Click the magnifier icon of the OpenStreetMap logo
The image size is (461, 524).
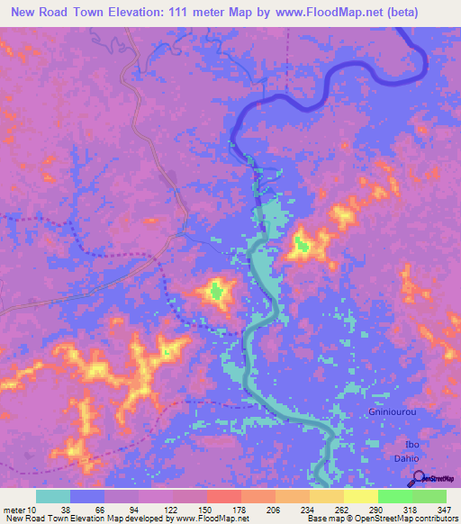pos(417,476)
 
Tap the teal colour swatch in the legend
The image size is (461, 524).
pos(53,496)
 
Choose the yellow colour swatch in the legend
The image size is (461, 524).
pos(360,496)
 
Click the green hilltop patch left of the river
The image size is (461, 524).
pos(216,290)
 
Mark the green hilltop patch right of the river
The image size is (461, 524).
pos(303,243)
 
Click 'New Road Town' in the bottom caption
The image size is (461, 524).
pos(36,519)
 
